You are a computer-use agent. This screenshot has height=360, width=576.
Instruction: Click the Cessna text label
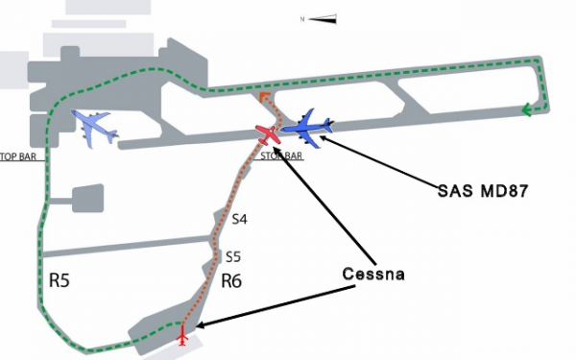pyautogui.click(x=374, y=275)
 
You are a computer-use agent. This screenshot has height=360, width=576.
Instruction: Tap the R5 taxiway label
pyautogui.click(x=60, y=281)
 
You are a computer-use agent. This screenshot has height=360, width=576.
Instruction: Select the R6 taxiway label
pyautogui.click(x=232, y=280)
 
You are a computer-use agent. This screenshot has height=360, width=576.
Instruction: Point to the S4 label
pyautogui.click(x=240, y=220)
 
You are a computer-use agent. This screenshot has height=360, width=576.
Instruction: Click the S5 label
pyautogui.click(x=232, y=256)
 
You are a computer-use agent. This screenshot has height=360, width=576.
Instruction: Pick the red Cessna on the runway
pyautogui.click(x=269, y=133)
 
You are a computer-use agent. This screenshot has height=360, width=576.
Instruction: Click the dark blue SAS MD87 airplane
pyautogui.click(x=307, y=125)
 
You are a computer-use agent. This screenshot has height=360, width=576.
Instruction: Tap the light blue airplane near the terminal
pyautogui.click(x=94, y=127)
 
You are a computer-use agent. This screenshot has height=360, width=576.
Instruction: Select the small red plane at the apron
pyautogui.click(x=182, y=335)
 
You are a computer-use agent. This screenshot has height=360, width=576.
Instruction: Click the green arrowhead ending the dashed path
pyautogui.click(x=527, y=109)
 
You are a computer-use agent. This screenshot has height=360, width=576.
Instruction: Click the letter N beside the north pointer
pyautogui.click(x=303, y=18)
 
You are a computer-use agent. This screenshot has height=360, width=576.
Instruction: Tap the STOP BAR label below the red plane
pyautogui.click(x=280, y=156)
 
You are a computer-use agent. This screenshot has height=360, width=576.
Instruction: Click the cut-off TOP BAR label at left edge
pyautogui.click(x=17, y=156)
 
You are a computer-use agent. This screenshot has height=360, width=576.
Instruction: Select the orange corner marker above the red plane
pyautogui.click(x=264, y=98)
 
